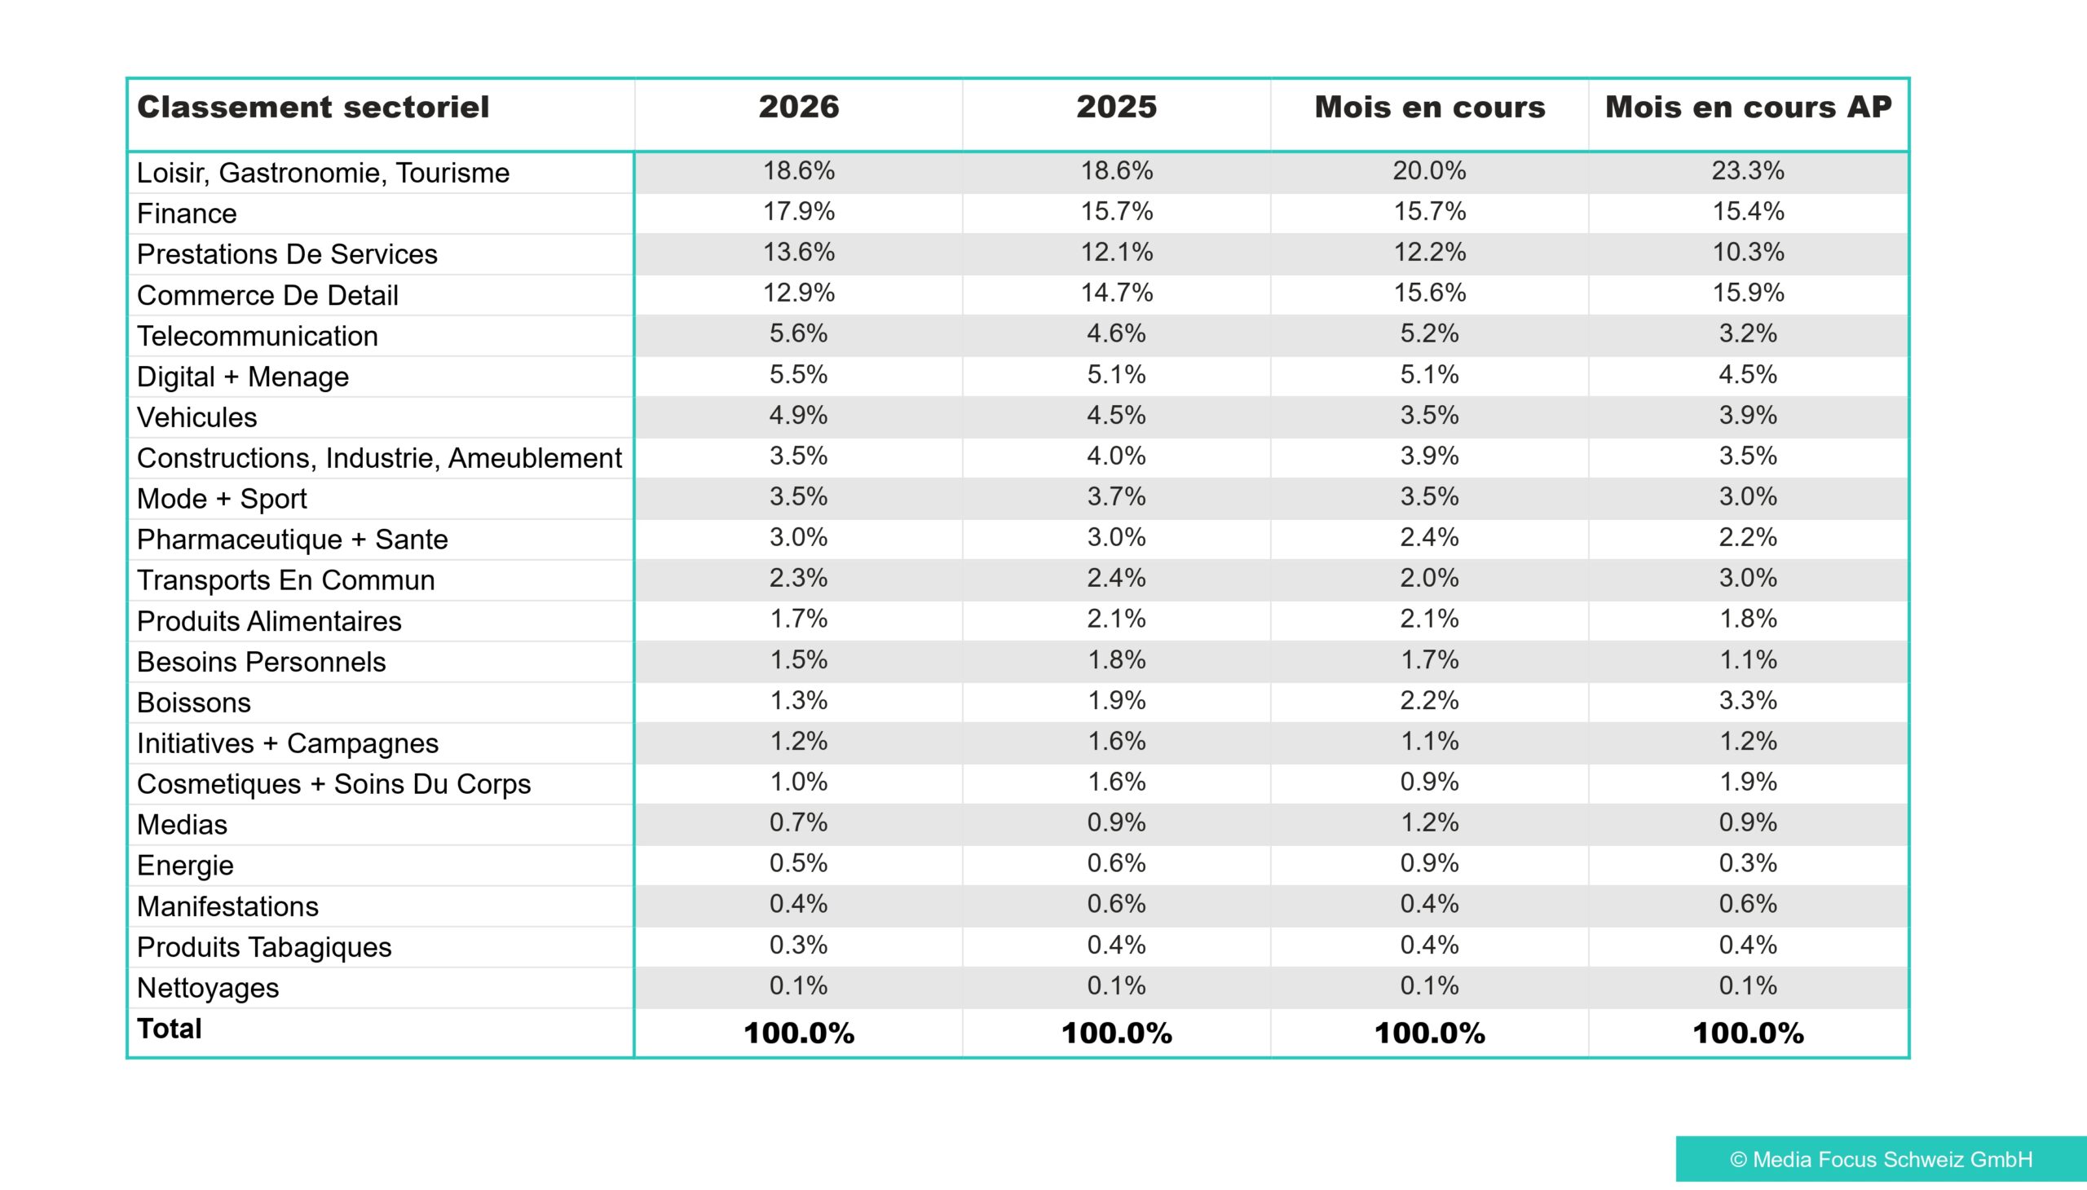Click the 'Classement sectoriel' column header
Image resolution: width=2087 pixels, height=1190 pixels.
[313, 107]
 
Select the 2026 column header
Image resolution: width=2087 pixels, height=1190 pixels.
[799, 107]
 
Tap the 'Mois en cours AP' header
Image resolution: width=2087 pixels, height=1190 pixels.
[1749, 107]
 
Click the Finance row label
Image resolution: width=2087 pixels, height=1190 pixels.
[187, 214]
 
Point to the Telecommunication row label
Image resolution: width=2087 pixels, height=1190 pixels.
[258, 336]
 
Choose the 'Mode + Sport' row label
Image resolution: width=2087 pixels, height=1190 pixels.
[222, 499]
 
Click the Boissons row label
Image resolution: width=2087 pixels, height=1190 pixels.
[194, 703]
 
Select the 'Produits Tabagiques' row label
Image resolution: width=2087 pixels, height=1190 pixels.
[264, 947]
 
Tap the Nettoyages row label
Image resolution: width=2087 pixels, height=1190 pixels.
[208, 988]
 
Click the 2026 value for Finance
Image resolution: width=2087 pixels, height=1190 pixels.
[799, 212]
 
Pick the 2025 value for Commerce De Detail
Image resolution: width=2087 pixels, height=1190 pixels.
[1117, 293]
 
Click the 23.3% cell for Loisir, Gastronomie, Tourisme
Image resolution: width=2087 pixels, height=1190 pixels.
[1748, 171]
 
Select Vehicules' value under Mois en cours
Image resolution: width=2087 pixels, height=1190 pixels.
[1429, 415]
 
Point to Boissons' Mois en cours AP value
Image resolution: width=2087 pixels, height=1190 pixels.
[1748, 700]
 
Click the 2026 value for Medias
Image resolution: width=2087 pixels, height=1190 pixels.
[799, 822]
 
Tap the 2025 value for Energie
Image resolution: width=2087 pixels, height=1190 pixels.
[1117, 863]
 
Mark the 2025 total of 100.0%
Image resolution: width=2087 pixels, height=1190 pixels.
[1117, 1033]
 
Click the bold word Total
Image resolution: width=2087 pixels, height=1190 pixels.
[170, 1029]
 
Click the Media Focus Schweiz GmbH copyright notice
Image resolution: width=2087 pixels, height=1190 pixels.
[1881, 1159]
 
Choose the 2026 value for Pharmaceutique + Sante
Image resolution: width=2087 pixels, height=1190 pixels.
[799, 537]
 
